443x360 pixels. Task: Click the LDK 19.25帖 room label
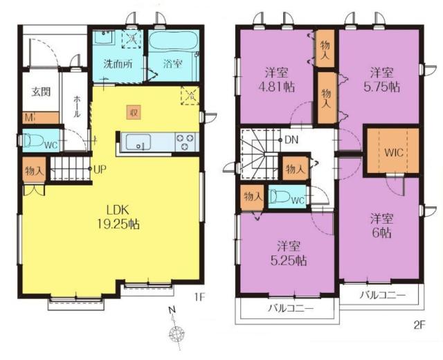coord(118,217)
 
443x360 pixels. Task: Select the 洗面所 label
coord(118,64)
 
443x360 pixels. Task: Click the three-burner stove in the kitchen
coord(186,142)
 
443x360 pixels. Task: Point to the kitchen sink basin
coord(138,142)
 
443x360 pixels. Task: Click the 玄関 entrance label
coord(41,92)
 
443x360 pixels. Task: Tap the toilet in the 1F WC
coord(33,140)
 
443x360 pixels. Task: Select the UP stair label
coord(100,170)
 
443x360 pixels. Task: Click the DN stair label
coord(291,140)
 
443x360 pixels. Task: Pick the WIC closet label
coord(394,153)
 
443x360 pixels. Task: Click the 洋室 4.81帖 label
coord(277,80)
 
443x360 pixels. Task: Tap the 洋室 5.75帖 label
coord(381,80)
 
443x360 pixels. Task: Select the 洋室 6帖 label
coord(381,226)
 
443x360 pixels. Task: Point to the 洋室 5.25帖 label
coord(289,253)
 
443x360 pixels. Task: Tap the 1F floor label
coord(199,297)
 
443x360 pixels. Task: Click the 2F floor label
coord(419,325)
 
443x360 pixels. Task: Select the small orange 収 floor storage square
coord(134,112)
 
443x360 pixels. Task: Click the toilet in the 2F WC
coord(279,196)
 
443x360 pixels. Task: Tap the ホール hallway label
coord(77,107)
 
